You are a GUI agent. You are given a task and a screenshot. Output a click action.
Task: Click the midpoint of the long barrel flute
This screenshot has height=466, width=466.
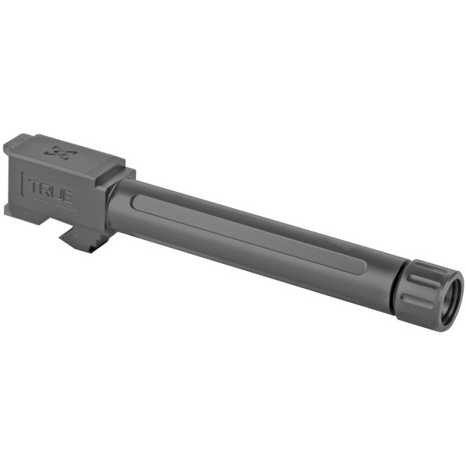(x=249, y=235)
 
